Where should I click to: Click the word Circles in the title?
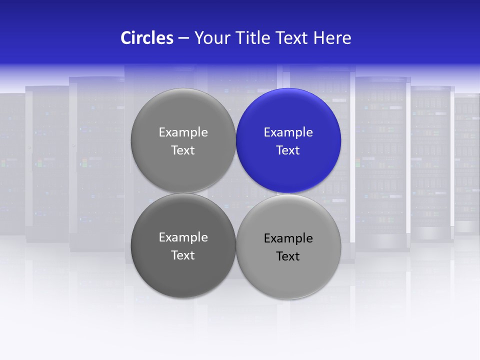click(x=146, y=38)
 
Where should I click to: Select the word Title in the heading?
click(x=253, y=38)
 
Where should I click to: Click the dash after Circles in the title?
click(x=183, y=38)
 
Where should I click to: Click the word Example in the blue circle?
click(x=288, y=132)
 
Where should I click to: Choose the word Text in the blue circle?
click(x=288, y=150)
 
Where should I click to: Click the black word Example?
click(x=288, y=238)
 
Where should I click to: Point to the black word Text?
click(x=288, y=256)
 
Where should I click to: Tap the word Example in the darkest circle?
click(x=183, y=237)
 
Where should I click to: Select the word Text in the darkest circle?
click(x=183, y=255)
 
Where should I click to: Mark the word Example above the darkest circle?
click(x=183, y=132)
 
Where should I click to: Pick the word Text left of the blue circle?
click(x=183, y=150)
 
